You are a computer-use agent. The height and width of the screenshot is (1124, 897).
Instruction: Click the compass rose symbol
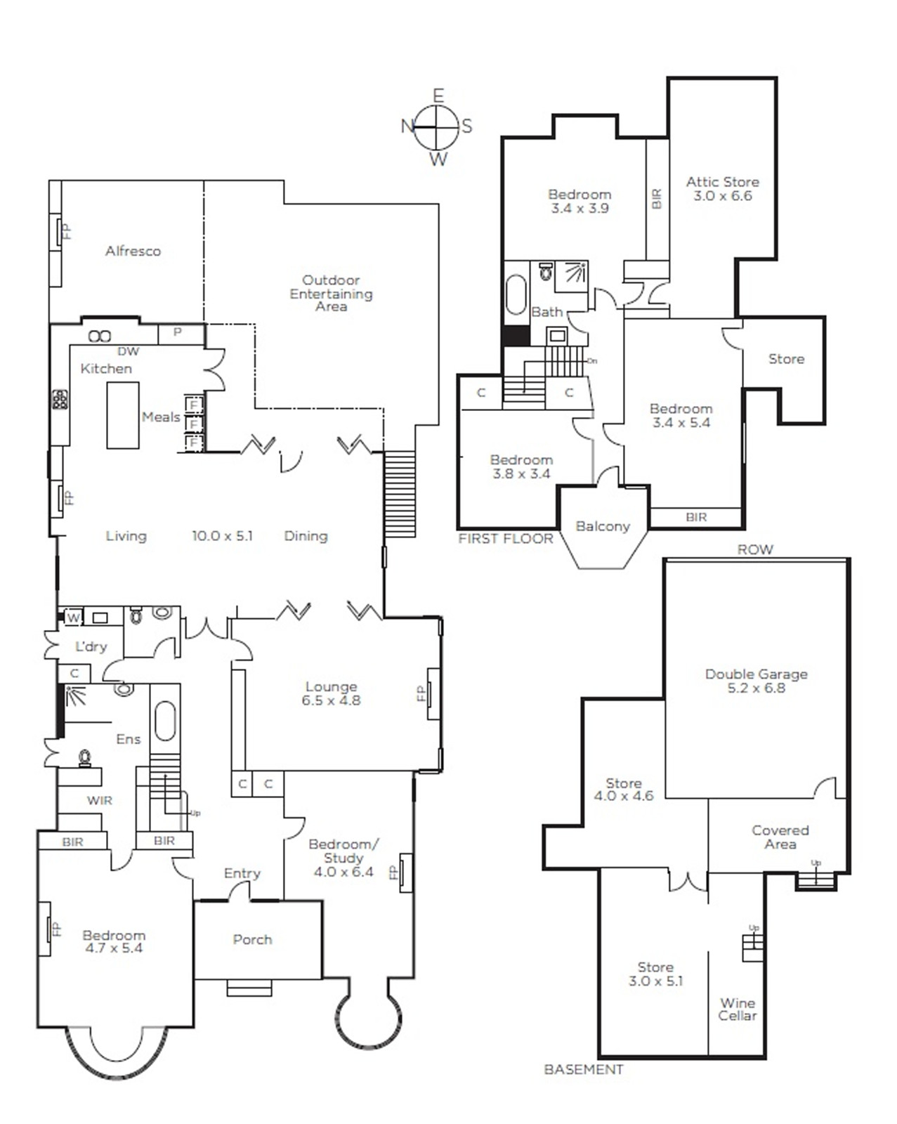438,126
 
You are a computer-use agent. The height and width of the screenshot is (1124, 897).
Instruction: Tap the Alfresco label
133,251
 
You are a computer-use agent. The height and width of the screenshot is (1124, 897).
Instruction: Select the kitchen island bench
123,415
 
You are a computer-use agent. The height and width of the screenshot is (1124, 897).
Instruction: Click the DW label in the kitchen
128,351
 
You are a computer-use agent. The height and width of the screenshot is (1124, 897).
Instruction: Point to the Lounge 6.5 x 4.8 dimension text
332,700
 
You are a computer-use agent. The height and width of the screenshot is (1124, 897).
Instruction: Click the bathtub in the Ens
165,721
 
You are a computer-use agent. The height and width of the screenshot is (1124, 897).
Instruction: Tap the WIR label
99,800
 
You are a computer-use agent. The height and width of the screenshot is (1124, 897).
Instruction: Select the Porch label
252,940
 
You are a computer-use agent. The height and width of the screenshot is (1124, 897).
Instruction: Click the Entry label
242,873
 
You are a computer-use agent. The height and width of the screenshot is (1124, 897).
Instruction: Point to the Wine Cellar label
737,1009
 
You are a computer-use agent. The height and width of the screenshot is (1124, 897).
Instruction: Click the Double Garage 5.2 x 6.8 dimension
756,688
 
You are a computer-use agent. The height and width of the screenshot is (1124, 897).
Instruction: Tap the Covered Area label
780,837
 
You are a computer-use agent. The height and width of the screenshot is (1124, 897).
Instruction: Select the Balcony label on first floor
603,526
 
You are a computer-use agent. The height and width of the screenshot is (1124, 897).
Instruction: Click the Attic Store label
723,182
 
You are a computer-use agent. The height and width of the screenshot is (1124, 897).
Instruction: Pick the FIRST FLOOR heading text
505,539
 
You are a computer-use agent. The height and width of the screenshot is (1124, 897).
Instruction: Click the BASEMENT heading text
584,1070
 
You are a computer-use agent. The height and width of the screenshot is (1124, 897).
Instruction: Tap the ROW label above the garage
755,549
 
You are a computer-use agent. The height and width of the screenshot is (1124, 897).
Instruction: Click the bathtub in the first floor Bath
516,294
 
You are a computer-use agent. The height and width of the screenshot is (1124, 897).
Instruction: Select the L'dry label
91,646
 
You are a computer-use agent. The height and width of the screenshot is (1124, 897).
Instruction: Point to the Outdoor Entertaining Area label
332,293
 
